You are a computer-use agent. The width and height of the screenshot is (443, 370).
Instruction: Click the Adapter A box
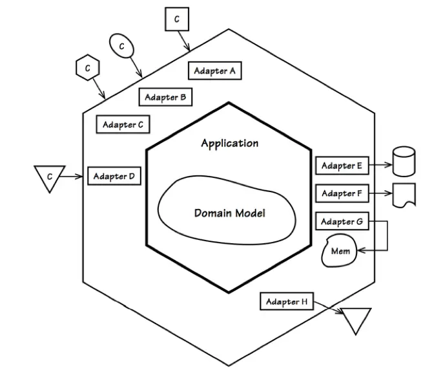[215, 71]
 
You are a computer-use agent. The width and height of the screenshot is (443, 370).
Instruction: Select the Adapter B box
[165, 97]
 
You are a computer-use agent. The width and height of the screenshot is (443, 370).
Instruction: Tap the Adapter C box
[123, 124]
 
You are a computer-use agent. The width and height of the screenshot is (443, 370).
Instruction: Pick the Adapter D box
[114, 176]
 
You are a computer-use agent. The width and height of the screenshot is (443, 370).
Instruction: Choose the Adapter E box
[342, 166]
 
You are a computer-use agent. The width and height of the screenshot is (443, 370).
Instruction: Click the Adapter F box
[342, 193]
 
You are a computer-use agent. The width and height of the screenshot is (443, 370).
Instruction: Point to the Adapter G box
[342, 222]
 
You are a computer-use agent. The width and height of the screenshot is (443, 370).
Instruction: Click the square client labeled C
[176, 19]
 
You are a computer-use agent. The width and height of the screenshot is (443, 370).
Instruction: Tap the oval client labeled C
[121, 46]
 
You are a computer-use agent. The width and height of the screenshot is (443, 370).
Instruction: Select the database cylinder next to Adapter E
[404, 162]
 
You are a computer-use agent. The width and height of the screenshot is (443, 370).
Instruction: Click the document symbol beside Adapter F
[404, 195]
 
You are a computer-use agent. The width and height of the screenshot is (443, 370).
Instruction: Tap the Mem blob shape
[340, 251]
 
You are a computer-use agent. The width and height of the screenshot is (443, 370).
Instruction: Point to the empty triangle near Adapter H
[356, 319]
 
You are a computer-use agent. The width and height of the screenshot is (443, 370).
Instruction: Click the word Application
[229, 143]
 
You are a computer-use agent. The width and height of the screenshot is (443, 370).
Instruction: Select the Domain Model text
[229, 213]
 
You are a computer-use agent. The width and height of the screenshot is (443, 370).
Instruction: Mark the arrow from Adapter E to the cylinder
[380, 166]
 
